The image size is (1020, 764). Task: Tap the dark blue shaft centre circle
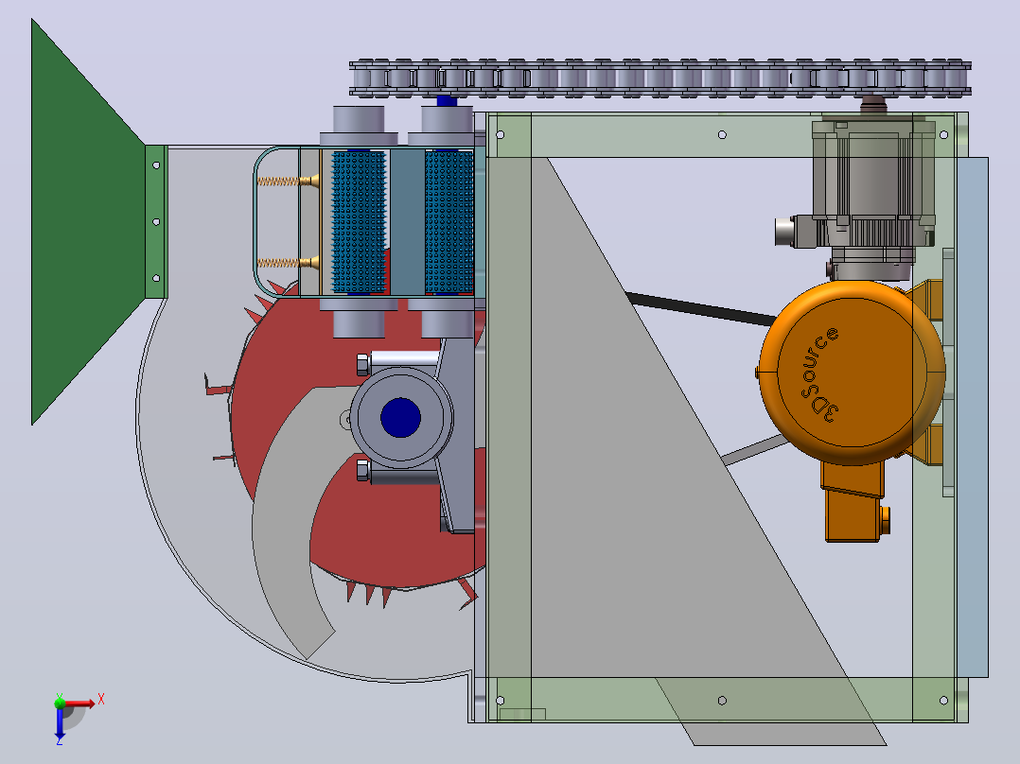(x=401, y=417)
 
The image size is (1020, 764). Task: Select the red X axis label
(x=101, y=700)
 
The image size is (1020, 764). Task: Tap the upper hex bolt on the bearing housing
(x=363, y=365)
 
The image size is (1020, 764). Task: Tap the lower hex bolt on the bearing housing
(x=363, y=470)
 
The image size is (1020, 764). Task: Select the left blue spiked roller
(x=359, y=221)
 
